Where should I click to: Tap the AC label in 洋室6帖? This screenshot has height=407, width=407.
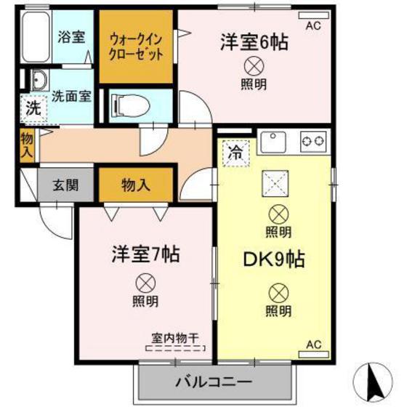pos(313,26)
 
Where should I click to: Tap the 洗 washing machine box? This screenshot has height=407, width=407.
pos(33,110)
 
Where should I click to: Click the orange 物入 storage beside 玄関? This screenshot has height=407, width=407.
pos(136,185)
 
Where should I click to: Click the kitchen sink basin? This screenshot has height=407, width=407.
pos(274,140)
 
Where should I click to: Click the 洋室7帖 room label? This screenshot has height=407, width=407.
pos(145,255)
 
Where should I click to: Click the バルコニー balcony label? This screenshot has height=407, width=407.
pos(212,381)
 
